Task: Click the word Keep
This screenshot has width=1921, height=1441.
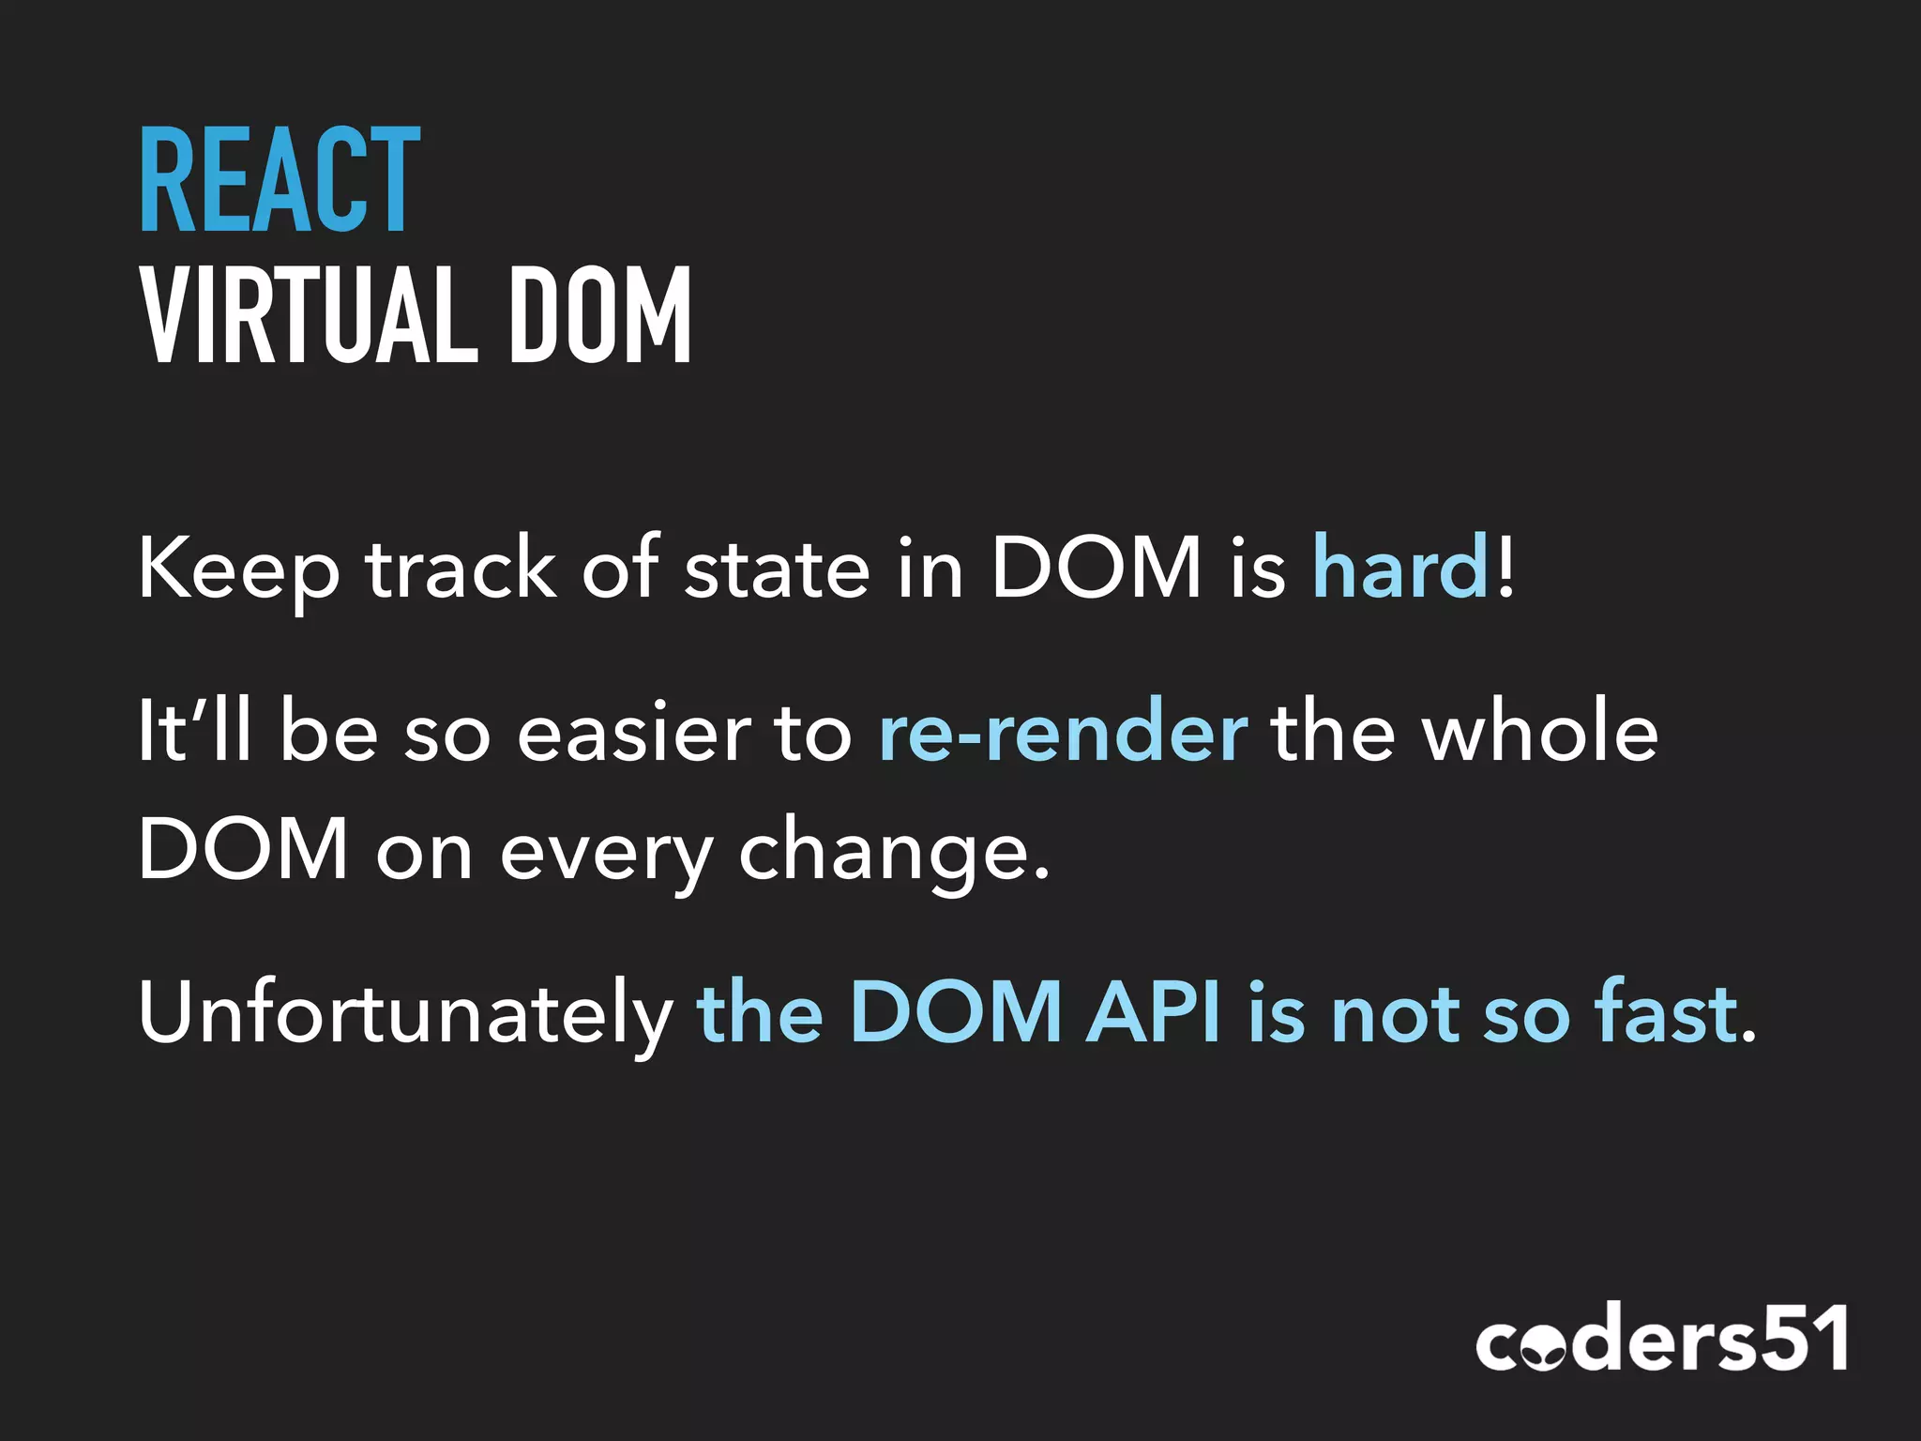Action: pos(238,569)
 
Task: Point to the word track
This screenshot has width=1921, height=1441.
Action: pos(461,569)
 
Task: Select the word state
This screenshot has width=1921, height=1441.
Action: pos(777,569)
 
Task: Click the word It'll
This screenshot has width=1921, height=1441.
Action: pos(195,732)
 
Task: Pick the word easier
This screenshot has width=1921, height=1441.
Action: pos(634,732)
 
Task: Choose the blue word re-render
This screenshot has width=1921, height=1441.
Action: pos(1063,732)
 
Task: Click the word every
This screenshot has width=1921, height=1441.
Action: pos(606,852)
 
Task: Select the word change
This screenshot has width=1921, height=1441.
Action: pos(884,852)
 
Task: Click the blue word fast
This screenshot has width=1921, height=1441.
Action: pos(1665,1013)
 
